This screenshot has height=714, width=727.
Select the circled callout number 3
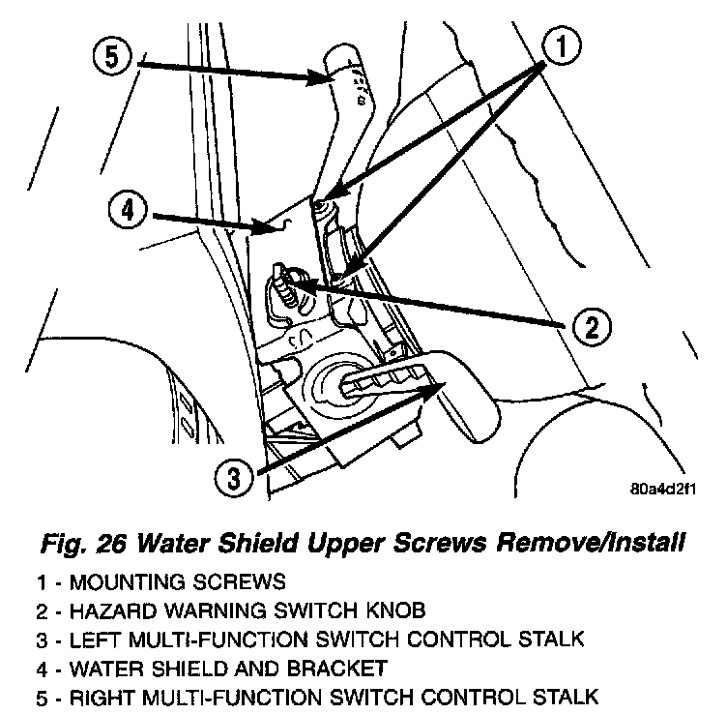click(x=229, y=476)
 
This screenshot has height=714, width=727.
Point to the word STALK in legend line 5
click(x=564, y=696)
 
